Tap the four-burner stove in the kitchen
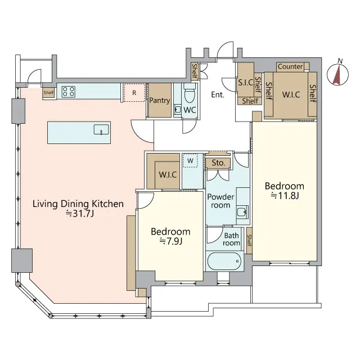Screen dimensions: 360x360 [69, 91]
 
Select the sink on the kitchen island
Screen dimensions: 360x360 [101, 130]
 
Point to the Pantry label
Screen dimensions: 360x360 [160, 100]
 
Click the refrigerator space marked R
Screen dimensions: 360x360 [134, 92]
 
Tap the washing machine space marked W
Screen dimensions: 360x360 [190, 160]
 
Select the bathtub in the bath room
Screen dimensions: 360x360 [224, 261]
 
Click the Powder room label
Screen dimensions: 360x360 [220, 201]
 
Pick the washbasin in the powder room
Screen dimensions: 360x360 [242, 211]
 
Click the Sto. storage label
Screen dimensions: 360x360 [218, 163]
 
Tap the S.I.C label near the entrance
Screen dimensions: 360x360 [245, 83]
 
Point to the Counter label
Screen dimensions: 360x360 [290, 66]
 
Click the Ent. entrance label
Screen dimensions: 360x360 [218, 94]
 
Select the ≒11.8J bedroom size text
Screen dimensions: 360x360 [285, 196]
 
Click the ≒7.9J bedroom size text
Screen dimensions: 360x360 [171, 241]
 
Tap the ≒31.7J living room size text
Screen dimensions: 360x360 [80, 214]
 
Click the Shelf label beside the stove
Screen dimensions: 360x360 [49, 92]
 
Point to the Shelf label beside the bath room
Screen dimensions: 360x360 [249, 240]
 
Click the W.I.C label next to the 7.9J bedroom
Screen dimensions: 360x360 [168, 175]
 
